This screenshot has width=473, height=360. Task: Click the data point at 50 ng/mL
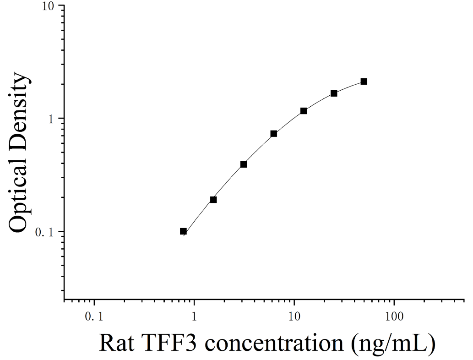point(364,82)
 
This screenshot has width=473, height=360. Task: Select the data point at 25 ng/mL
point(334,93)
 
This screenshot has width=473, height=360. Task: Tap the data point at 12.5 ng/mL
point(304,111)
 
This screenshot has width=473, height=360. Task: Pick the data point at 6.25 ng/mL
point(274,134)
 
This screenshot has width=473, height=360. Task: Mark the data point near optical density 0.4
point(244,164)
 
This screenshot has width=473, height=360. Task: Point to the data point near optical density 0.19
point(213,199)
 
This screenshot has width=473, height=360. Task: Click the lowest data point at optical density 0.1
point(183,231)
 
